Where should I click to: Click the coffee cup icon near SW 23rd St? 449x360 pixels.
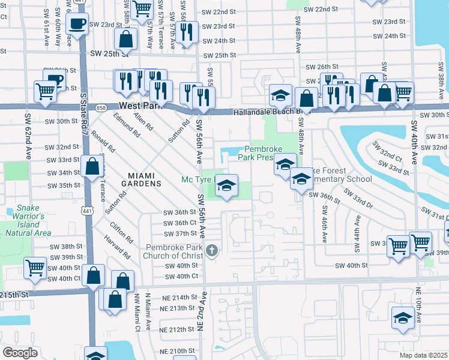click(77, 24)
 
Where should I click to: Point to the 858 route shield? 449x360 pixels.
click(101, 108)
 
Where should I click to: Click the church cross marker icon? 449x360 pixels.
click(211, 251)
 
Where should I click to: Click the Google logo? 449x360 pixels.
click(20, 352)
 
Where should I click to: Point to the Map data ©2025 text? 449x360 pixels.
click(423, 355)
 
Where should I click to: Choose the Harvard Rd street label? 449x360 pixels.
click(120, 246)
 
